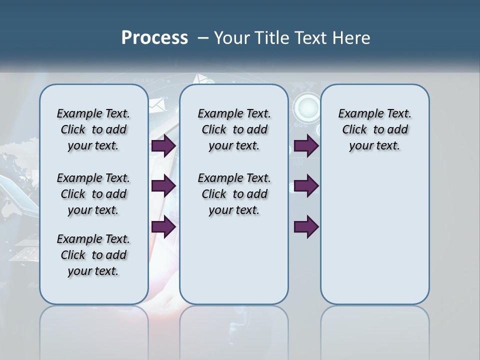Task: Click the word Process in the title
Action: click(154, 38)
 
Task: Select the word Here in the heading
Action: click(350, 38)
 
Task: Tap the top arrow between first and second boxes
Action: click(163, 146)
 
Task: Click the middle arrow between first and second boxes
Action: click(163, 186)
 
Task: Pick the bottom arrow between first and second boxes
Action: click(163, 226)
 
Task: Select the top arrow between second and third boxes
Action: click(306, 146)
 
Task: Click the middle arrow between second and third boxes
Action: click(306, 186)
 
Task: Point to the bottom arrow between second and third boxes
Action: click(306, 226)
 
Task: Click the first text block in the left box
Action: click(93, 129)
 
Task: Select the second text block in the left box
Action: click(93, 194)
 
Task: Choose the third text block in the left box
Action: click(93, 255)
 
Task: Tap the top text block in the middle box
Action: click(234, 129)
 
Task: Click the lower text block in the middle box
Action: click(234, 194)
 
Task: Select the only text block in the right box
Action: click(374, 129)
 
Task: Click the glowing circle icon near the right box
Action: click(307, 106)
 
